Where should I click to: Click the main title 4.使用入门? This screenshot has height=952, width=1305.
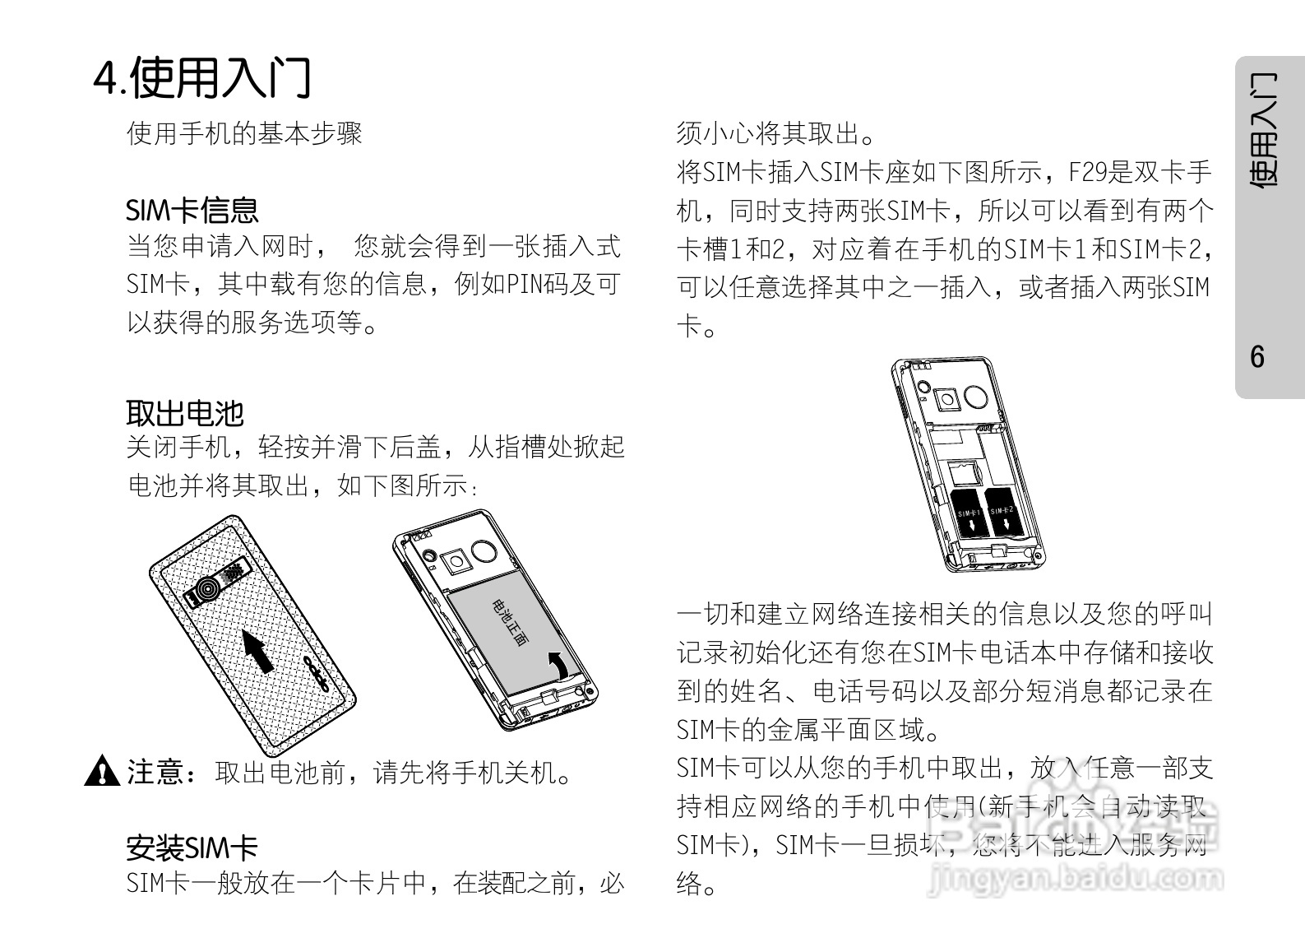click(201, 77)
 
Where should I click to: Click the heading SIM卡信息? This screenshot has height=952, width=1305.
click(192, 210)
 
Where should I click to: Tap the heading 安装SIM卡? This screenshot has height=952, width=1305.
click(192, 847)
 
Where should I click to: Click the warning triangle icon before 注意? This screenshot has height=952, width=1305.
click(102, 771)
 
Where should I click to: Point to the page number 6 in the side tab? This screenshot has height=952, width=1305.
click(1257, 357)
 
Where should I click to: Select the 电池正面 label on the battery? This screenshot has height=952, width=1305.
click(511, 623)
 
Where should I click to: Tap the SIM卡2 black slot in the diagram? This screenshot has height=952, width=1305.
click(1003, 512)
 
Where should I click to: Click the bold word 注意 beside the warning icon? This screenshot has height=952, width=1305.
click(154, 772)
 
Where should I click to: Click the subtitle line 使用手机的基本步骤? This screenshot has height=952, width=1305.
click(244, 132)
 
